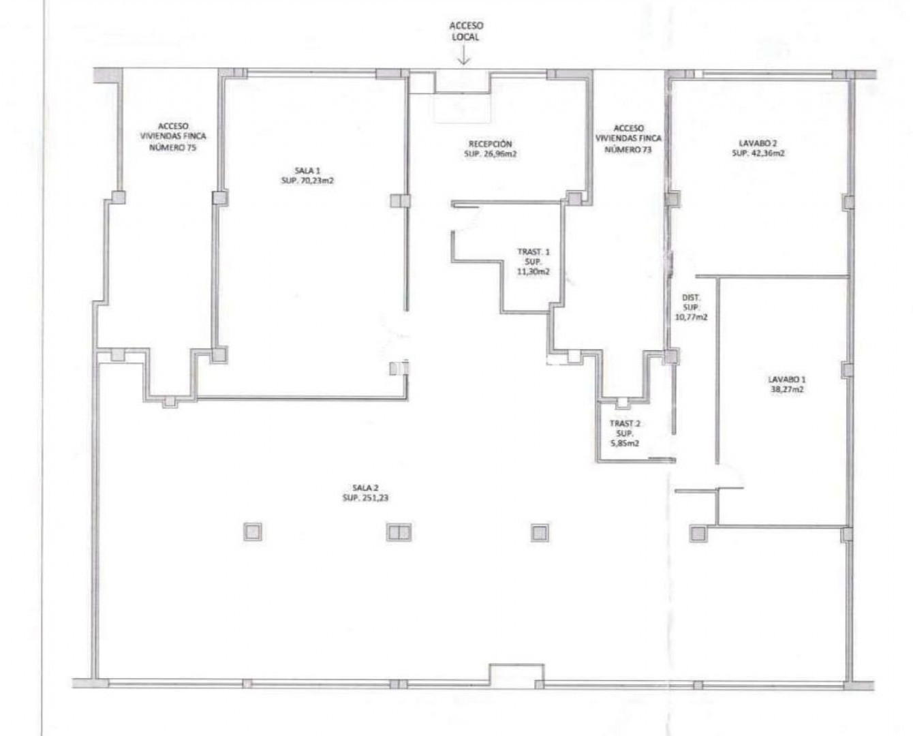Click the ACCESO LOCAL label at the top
pyautogui.click(x=466, y=31)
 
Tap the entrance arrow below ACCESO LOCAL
pyautogui.click(x=464, y=55)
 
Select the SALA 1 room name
pyautogui.click(x=307, y=170)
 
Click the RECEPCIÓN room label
pyautogui.click(x=491, y=144)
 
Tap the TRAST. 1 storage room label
pyautogui.click(x=533, y=251)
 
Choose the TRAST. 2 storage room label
pyautogui.click(x=625, y=423)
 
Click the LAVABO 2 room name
pyautogui.click(x=758, y=143)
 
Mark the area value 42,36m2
pyautogui.click(x=767, y=153)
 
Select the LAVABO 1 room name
pyautogui.click(x=786, y=379)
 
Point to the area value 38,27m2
pyautogui.click(x=787, y=389)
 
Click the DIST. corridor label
pyautogui.click(x=691, y=298)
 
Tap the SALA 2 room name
pyautogui.click(x=365, y=488)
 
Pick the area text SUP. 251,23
pyautogui.click(x=365, y=498)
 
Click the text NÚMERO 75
pyautogui.click(x=172, y=148)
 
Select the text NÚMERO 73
pyautogui.click(x=628, y=150)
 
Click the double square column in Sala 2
pyautogui.click(x=399, y=532)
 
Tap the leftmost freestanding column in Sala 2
pyautogui.click(x=252, y=532)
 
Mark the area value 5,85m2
pyautogui.click(x=625, y=444)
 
